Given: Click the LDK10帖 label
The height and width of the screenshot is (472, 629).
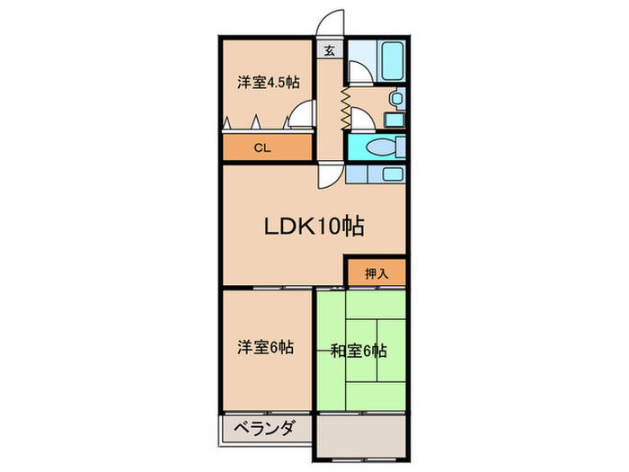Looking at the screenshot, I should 313,227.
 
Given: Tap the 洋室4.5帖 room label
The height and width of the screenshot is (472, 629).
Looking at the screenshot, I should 268,83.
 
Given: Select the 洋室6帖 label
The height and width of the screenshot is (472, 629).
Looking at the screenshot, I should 268,347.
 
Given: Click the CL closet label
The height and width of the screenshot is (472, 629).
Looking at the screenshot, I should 261,148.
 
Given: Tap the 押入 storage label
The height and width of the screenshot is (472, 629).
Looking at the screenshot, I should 376,273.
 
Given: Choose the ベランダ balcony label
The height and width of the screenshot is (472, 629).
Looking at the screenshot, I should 260,429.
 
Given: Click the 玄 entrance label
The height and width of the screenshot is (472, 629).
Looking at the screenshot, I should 330,51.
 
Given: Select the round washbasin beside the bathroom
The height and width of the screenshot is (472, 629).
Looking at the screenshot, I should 393,99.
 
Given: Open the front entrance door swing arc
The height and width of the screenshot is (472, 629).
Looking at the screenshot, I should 327,22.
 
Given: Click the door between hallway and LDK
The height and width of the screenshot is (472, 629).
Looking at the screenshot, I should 329,176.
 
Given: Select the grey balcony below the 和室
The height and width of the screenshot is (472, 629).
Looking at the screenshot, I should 359,435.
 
